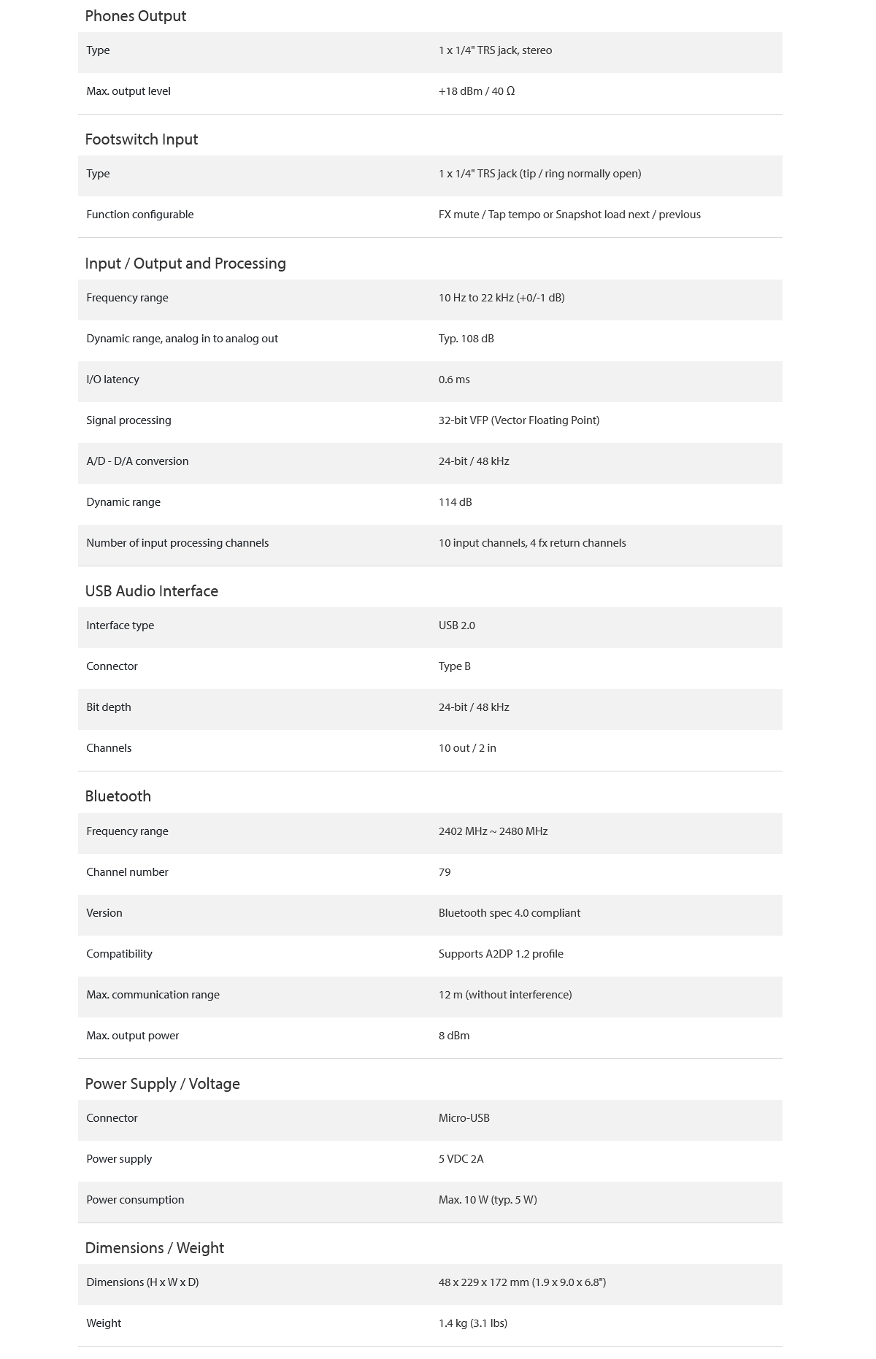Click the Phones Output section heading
point(136,16)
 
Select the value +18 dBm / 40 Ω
point(477,91)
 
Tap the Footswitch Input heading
point(142,139)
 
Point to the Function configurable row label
point(140,215)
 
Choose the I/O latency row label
point(112,380)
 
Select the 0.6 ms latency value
point(454,380)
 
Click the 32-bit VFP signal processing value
point(519,420)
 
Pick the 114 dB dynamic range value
point(456,502)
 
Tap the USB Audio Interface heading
point(152,591)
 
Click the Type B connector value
point(455,666)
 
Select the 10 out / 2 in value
point(467,748)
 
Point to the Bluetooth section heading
point(118,796)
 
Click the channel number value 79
point(445,872)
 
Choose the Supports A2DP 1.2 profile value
point(501,954)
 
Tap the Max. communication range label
point(153,995)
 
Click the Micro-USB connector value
point(464,1118)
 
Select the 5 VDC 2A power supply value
point(461,1159)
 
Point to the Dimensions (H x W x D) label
point(142,1282)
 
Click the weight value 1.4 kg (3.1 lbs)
point(473,1323)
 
